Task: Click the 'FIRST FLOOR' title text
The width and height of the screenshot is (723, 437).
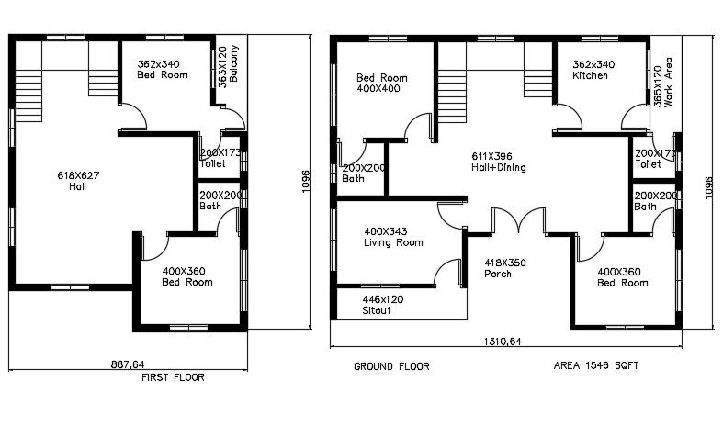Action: click(x=173, y=377)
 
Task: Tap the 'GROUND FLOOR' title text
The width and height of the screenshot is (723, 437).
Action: click(x=391, y=366)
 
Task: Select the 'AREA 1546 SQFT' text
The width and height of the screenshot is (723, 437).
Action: click(x=596, y=366)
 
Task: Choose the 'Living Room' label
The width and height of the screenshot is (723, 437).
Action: click(x=394, y=243)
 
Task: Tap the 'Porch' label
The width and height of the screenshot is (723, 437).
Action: click(x=499, y=275)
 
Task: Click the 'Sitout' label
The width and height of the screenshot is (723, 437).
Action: click(x=377, y=312)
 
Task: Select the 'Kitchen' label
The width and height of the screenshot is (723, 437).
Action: click(x=591, y=76)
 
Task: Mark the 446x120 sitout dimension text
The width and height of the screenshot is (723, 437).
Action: click(x=381, y=299)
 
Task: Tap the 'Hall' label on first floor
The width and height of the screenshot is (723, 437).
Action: click(x=77, y=186)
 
